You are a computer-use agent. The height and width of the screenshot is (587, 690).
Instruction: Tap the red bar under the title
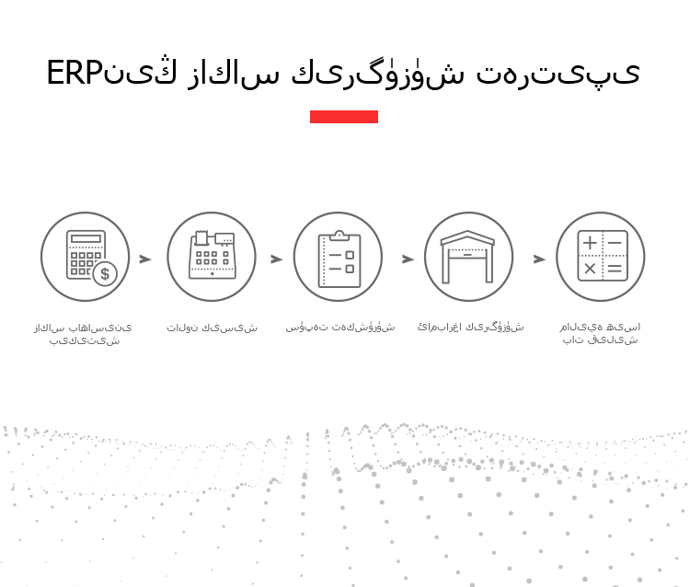[x=344, y=117]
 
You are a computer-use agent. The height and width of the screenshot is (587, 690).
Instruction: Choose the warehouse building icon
[x=467, y=257]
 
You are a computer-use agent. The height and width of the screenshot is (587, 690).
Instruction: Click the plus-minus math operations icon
[x=603, y=256]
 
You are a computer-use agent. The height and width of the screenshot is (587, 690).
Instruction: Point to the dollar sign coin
[x=105, y=273]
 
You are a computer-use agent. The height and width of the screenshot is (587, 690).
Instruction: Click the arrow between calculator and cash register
[x=145, y=259]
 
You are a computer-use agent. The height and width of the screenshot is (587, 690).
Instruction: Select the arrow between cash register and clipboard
[x=276, y=259]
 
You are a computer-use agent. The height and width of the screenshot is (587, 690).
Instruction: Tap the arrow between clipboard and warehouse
[x=408, y=259]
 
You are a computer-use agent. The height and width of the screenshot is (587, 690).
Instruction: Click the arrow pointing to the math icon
[x=539, y=259]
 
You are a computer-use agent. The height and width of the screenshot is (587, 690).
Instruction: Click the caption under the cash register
[x=213, y=328]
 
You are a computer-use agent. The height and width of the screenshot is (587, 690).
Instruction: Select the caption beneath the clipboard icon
[x=340, y=328]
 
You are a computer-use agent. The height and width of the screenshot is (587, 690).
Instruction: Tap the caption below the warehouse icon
[x=471, y=327]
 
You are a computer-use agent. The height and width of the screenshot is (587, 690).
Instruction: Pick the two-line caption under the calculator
[x=83, y=334]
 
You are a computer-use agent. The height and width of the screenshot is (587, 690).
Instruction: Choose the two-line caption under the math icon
[x=600, y=333]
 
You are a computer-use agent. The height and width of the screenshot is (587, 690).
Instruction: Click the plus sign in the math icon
[x=590, y=243]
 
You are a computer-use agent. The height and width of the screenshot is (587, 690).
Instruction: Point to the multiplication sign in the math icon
[x=590, y=269]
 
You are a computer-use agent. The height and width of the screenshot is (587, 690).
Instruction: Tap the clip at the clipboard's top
[x=339, y=236]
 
